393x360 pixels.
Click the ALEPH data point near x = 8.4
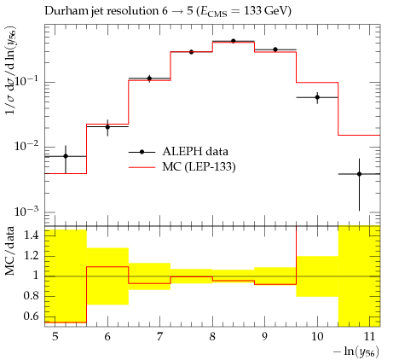coord(234,41)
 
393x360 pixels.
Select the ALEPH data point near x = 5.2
coord(66,156)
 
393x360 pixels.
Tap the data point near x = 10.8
coord(360,174)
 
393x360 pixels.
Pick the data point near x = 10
coord(317,97)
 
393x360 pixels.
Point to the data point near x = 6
coord(107,127)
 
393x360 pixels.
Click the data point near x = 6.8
coord(149,78)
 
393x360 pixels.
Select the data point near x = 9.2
coord(275,49)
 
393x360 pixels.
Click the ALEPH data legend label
coord(195,152)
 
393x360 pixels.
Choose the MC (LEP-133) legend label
coord(199,166)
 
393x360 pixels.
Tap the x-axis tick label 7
coord(160,337)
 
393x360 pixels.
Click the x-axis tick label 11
coord(369,337)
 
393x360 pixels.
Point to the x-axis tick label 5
coord(55,337)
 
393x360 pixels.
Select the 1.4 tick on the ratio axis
coord(31,235)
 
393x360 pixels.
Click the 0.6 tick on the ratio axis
coord(31,316)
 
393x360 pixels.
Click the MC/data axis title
coord(10,251)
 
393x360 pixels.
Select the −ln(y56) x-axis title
coord(356,351)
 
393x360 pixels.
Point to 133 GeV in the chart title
coord(266,11)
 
